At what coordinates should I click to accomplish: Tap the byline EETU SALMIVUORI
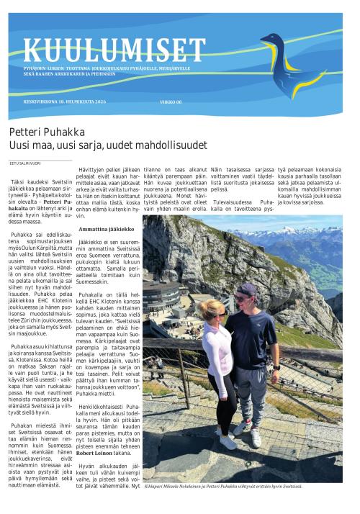pyautogui.click(x=22, y=163)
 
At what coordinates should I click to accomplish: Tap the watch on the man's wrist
pyautogui.click(x=235, y=367)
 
